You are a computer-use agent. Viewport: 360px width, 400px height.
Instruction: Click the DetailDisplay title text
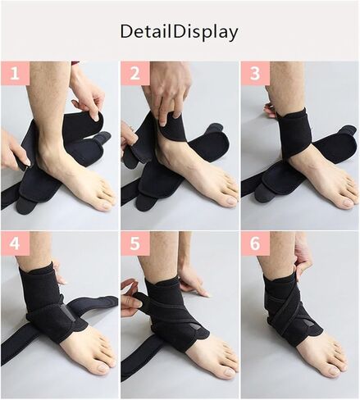point(179,33)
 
